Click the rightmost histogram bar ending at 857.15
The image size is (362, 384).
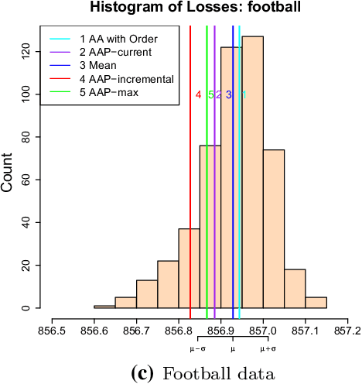pos(316,303)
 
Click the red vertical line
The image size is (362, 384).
pos(190,194)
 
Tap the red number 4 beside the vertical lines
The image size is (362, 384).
pos(198,95)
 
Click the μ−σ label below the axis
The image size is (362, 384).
pos(198,349)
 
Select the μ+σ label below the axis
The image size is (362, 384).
pos(268,349)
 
